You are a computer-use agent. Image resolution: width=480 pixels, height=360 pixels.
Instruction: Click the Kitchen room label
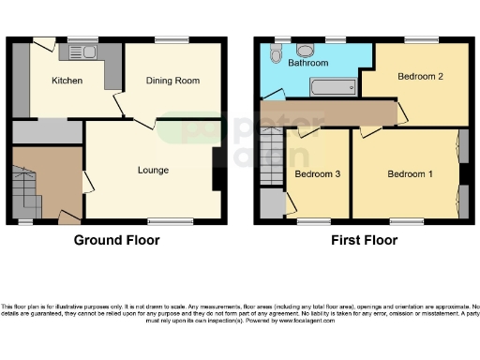tap(67, 82)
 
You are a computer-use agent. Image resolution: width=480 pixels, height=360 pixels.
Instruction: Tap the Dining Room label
tap(172, 82)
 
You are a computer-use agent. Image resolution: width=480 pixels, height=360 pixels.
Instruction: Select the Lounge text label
tap(153, 171)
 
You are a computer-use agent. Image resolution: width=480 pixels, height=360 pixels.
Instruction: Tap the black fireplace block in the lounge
tap(218, 170)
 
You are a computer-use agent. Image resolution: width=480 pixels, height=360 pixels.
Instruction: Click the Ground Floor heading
tap(116, 240)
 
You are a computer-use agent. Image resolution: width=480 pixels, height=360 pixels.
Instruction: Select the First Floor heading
tap(364, 240)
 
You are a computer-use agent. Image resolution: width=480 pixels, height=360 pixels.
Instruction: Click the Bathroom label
tap(307, 64)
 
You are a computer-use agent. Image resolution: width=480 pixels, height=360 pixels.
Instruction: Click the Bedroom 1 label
tap(411, 174)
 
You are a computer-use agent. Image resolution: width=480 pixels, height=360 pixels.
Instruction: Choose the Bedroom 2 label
tap(419, 76)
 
